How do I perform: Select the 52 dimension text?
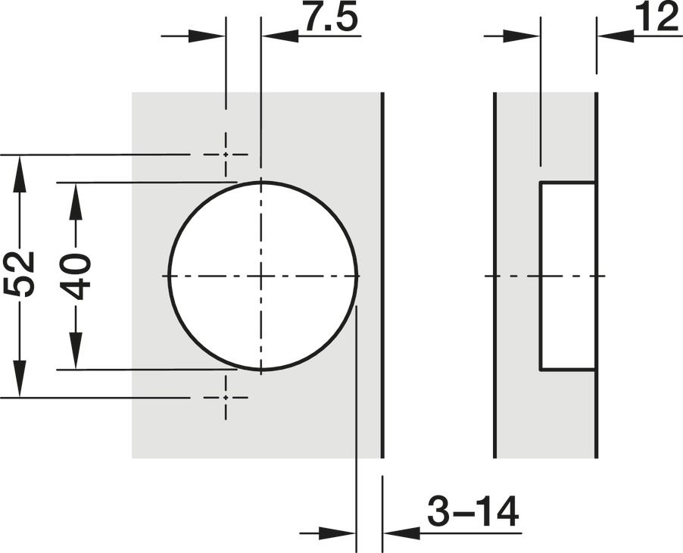pyautogui.click(x=19, y=274)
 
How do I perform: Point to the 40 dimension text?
pyautogui.click(x=76, y=277)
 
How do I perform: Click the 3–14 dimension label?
pyautogui.click(x=472, y=511)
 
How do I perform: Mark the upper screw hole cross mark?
pyautogui.click(x=226, y=155)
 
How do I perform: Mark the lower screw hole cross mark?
pyautogui.click(x=226, y=397)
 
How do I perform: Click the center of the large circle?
pyautogui.click(x=261, y=276)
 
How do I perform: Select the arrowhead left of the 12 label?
pyautogui.click(x=615, y=36)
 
